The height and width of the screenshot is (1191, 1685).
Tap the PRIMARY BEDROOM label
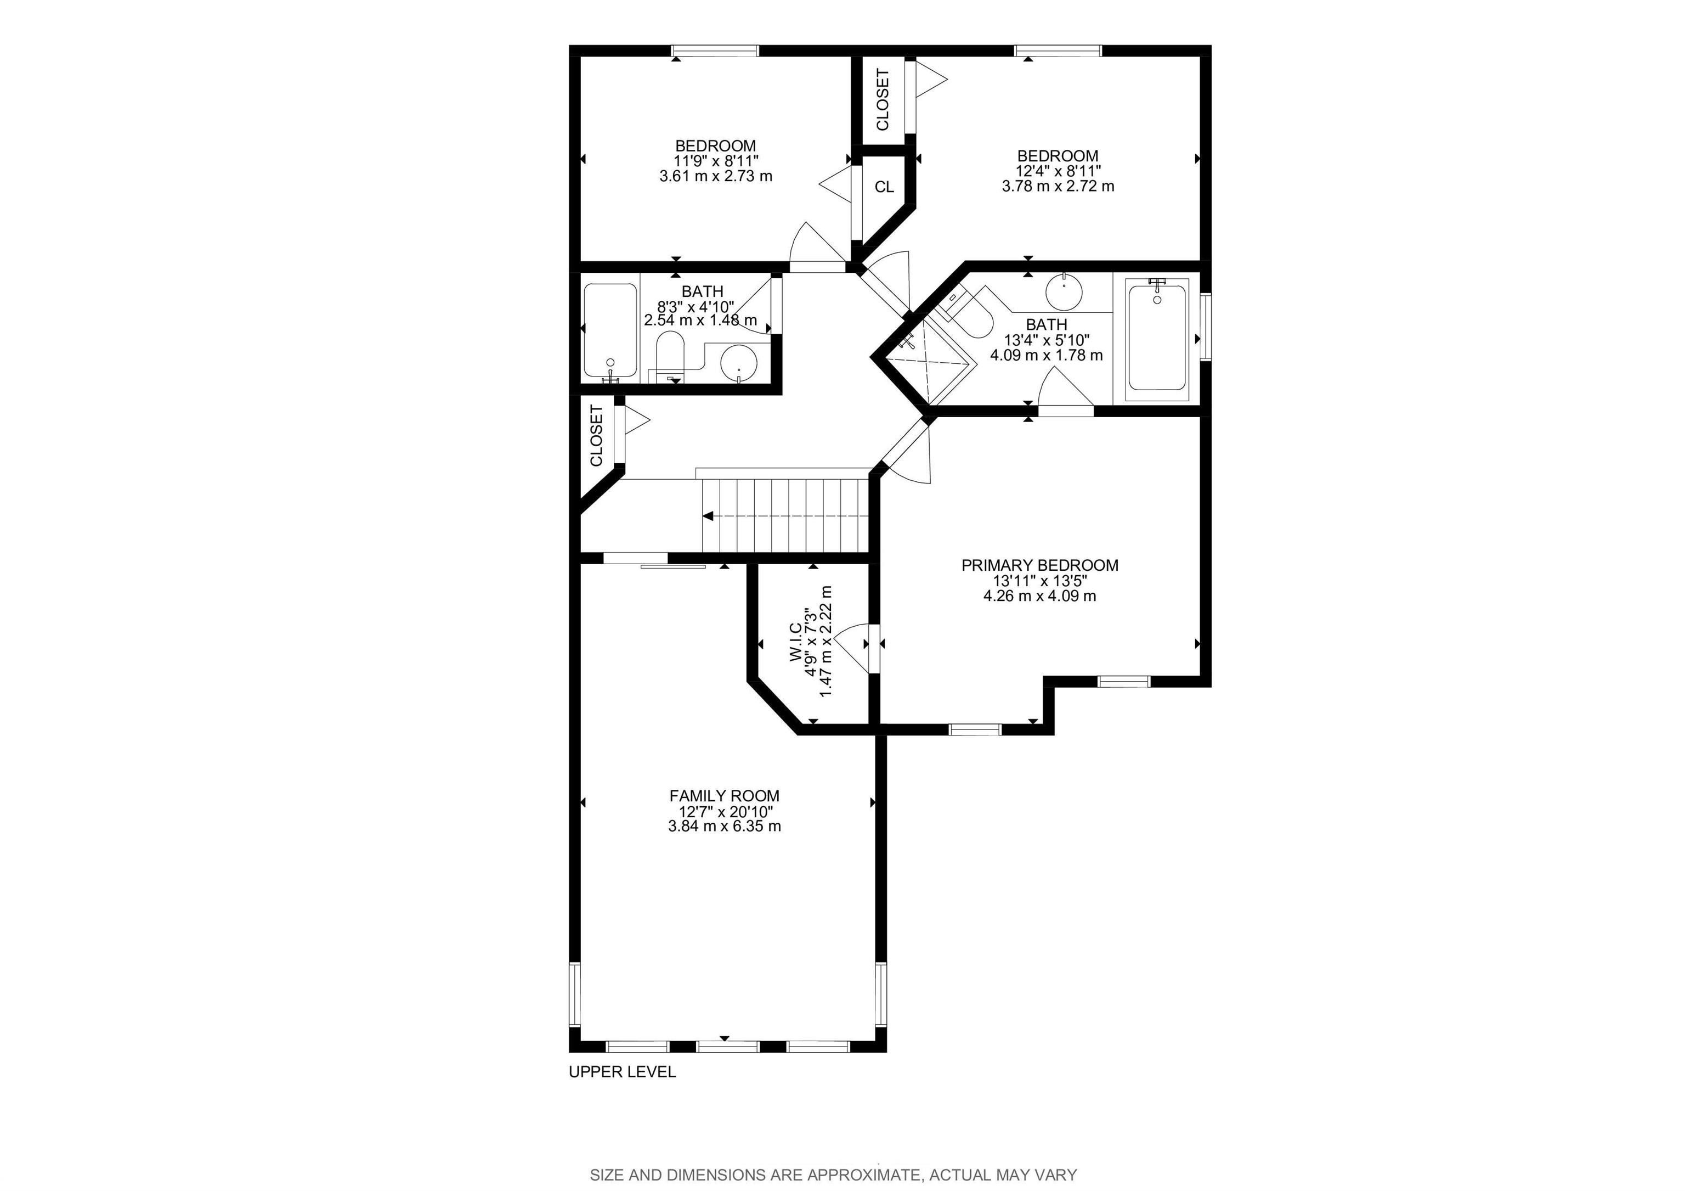click(x=1040, y=565)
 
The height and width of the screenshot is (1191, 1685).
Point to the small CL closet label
click(x=884, y=187)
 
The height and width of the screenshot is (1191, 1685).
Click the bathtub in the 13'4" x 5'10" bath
click(x=1157, y=339)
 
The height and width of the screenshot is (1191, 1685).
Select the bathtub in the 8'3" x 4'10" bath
click(x=610, y=330)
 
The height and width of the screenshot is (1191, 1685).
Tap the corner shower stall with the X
click(x=929, y=363)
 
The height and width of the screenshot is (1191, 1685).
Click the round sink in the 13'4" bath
click(x=1064, y=291)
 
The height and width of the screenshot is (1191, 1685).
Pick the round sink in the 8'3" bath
click(x=739, y=363)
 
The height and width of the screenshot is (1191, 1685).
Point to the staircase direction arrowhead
click(x=708, y=516)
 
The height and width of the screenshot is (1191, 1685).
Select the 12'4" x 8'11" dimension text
click(x=1058, y=171)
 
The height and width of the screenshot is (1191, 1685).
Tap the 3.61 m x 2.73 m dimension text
click(x=716, y=176)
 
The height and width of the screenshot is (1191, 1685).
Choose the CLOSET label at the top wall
click(x=883, y=99)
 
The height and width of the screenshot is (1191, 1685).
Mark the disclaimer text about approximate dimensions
click(x=833, y=1176)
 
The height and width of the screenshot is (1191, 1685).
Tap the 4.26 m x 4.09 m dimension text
click(x=1040, y=595)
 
